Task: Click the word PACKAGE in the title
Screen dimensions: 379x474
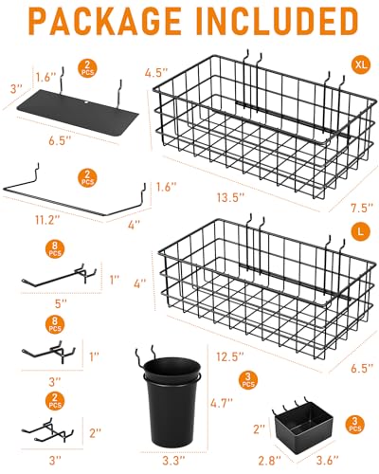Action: (105, 22)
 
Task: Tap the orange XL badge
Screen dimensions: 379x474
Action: (361, 65)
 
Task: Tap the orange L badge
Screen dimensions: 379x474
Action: (360, 231)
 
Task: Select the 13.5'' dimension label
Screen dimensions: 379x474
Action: (231, 198)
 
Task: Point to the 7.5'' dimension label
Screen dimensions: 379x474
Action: (362, 208)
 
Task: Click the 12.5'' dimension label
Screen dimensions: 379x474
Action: (230, 356)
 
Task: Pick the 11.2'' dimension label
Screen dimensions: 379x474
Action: (47, 220)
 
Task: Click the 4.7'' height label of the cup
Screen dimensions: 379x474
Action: (222, 403)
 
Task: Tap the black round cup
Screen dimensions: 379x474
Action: (171, 401)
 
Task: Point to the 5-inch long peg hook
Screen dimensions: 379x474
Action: (59, 275)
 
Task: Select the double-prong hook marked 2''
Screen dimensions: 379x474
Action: (47, 429)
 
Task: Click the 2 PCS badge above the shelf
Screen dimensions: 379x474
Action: (87, 68)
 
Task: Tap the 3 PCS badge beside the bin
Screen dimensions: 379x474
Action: (355, 425)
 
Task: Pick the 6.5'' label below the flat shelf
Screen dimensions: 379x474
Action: (60, 141)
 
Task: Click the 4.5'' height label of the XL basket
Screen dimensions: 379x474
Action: (155, 73)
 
